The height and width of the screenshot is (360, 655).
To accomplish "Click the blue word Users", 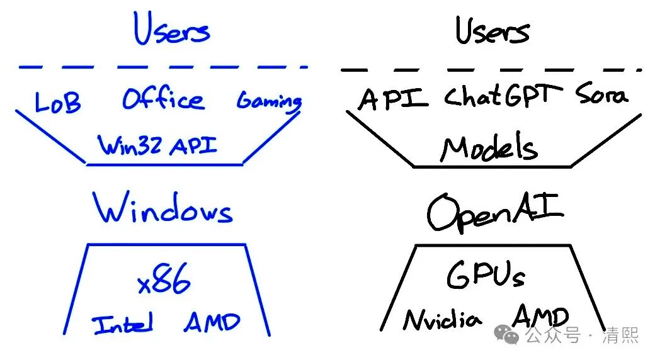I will point(171,30).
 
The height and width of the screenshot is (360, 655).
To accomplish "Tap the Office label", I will point(162,99).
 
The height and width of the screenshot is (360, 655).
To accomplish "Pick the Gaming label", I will point(269,101).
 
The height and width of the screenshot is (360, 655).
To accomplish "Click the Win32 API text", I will point(157,146).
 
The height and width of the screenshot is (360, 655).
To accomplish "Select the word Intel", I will point(123,325).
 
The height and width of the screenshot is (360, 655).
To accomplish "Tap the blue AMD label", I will point(212,323).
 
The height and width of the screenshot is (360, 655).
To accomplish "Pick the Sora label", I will point(601,96).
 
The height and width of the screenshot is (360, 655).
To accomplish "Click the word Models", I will point(489,149).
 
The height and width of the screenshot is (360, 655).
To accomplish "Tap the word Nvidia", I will point(443,319).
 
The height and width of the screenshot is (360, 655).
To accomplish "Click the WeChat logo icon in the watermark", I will point(506,335).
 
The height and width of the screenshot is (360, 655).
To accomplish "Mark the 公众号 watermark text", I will point(552,335).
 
